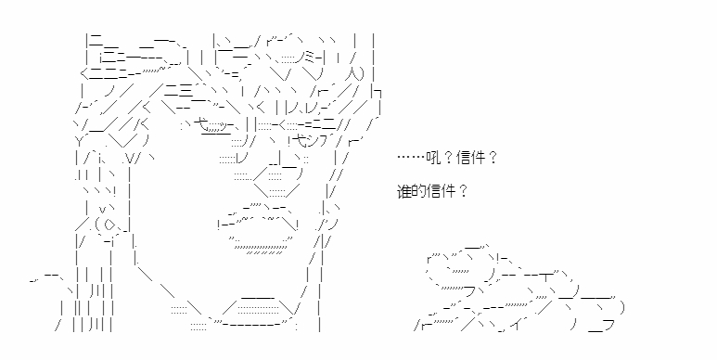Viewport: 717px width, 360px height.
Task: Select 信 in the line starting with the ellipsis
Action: (463, 159)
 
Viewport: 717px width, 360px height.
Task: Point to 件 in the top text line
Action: (478, 159)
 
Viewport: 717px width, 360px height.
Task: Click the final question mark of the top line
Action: (492, 159)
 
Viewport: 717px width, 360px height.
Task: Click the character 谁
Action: (403, 191)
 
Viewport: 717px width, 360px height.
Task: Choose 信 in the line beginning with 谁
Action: (433, 191)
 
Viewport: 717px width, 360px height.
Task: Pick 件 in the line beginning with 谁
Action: (448, 191)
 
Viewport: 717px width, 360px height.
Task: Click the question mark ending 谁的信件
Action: (462, 191)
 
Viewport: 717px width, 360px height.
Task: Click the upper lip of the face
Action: (260, 216)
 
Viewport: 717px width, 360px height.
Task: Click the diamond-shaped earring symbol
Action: (109, 225)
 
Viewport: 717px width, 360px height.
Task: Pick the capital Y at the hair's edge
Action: (78, 139)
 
